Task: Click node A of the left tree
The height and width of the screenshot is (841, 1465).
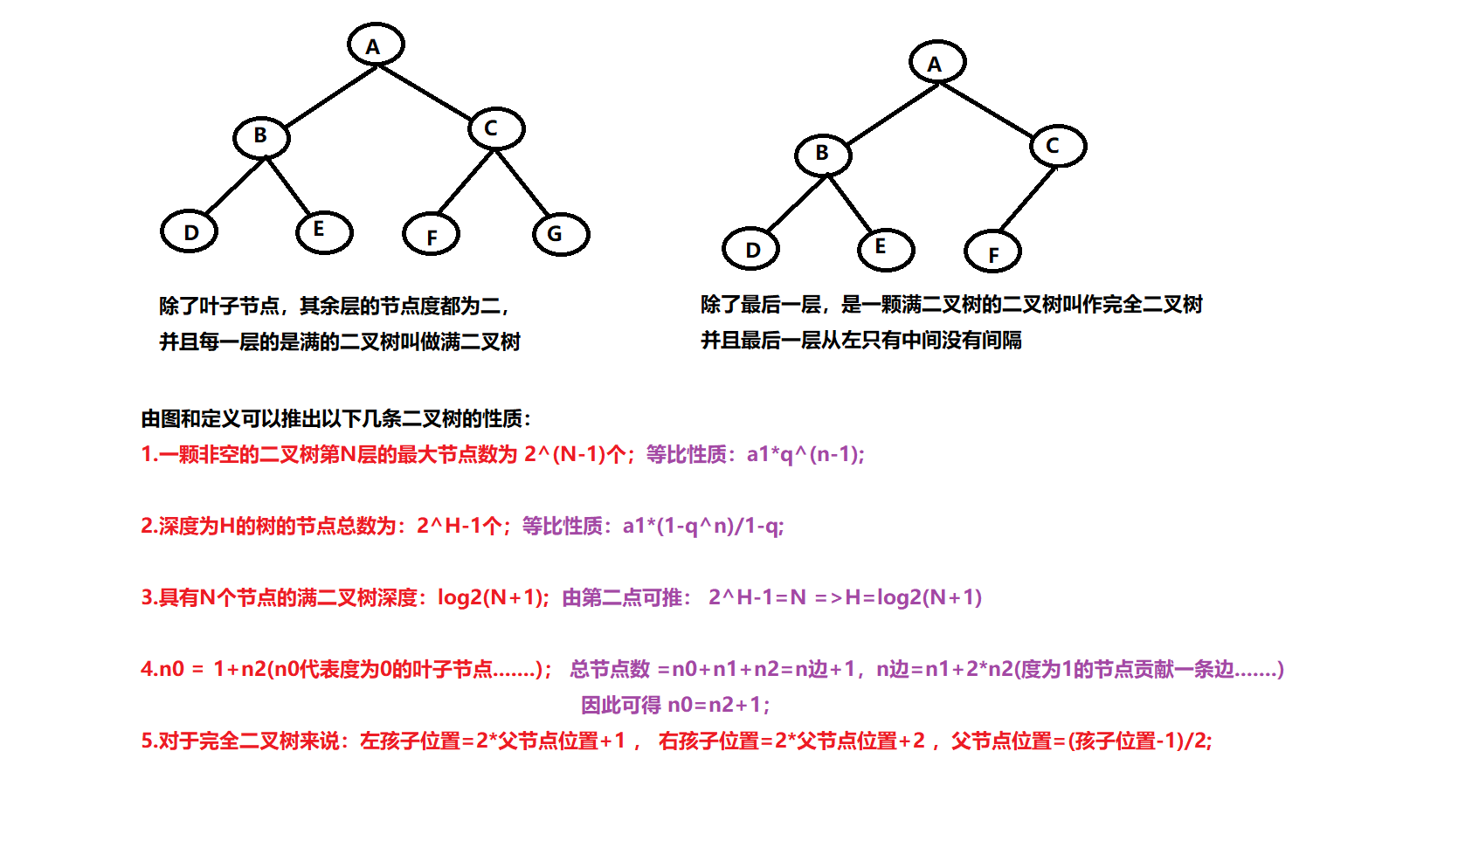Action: tap(376, 45)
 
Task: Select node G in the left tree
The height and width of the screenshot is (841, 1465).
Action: tap(561, 233)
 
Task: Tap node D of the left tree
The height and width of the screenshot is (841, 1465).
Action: tap(190, 231)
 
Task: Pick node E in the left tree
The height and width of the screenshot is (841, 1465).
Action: tap(324, 231)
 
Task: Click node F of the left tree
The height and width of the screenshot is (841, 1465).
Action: tap(431, 235)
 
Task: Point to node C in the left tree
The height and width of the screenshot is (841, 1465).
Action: tap(496, 128)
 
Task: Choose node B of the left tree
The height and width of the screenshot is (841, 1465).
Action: tap(261, 136)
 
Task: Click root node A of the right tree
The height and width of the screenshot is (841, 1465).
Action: tap(936, 62)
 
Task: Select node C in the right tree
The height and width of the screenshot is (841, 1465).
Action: tap(1058, 146)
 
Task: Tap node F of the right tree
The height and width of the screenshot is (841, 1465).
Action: tap(992, 252)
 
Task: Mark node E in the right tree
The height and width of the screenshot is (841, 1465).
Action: tap(886, 249)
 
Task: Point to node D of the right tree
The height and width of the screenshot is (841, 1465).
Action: tap(751, 250)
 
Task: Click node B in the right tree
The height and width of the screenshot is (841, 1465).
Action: tap(823, 155)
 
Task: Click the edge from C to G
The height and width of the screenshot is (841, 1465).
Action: tap(522, 183)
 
